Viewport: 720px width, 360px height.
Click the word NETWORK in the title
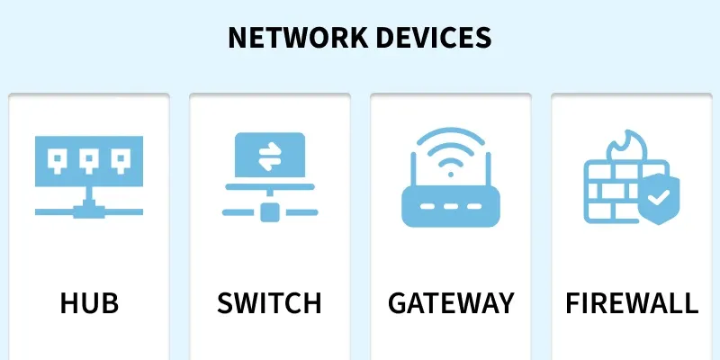298,38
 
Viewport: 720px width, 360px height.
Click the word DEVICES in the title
434,38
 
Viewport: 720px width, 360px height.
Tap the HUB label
89,302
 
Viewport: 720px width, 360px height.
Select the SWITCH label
269,302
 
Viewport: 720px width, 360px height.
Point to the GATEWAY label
451,302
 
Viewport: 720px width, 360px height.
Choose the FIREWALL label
632,302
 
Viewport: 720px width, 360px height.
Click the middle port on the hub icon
89,161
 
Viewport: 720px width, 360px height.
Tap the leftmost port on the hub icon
58,161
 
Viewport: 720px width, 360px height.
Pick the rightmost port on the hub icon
121,161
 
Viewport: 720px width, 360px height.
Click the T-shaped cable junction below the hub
89,210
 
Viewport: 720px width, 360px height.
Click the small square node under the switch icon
269,212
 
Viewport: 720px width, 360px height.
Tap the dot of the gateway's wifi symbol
451,175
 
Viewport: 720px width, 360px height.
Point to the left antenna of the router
413,171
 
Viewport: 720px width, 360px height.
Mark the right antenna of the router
488,171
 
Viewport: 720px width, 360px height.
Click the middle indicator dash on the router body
451,206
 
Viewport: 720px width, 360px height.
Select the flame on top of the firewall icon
627,146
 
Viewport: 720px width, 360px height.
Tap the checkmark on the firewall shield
659,198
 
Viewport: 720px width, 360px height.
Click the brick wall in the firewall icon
611,192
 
